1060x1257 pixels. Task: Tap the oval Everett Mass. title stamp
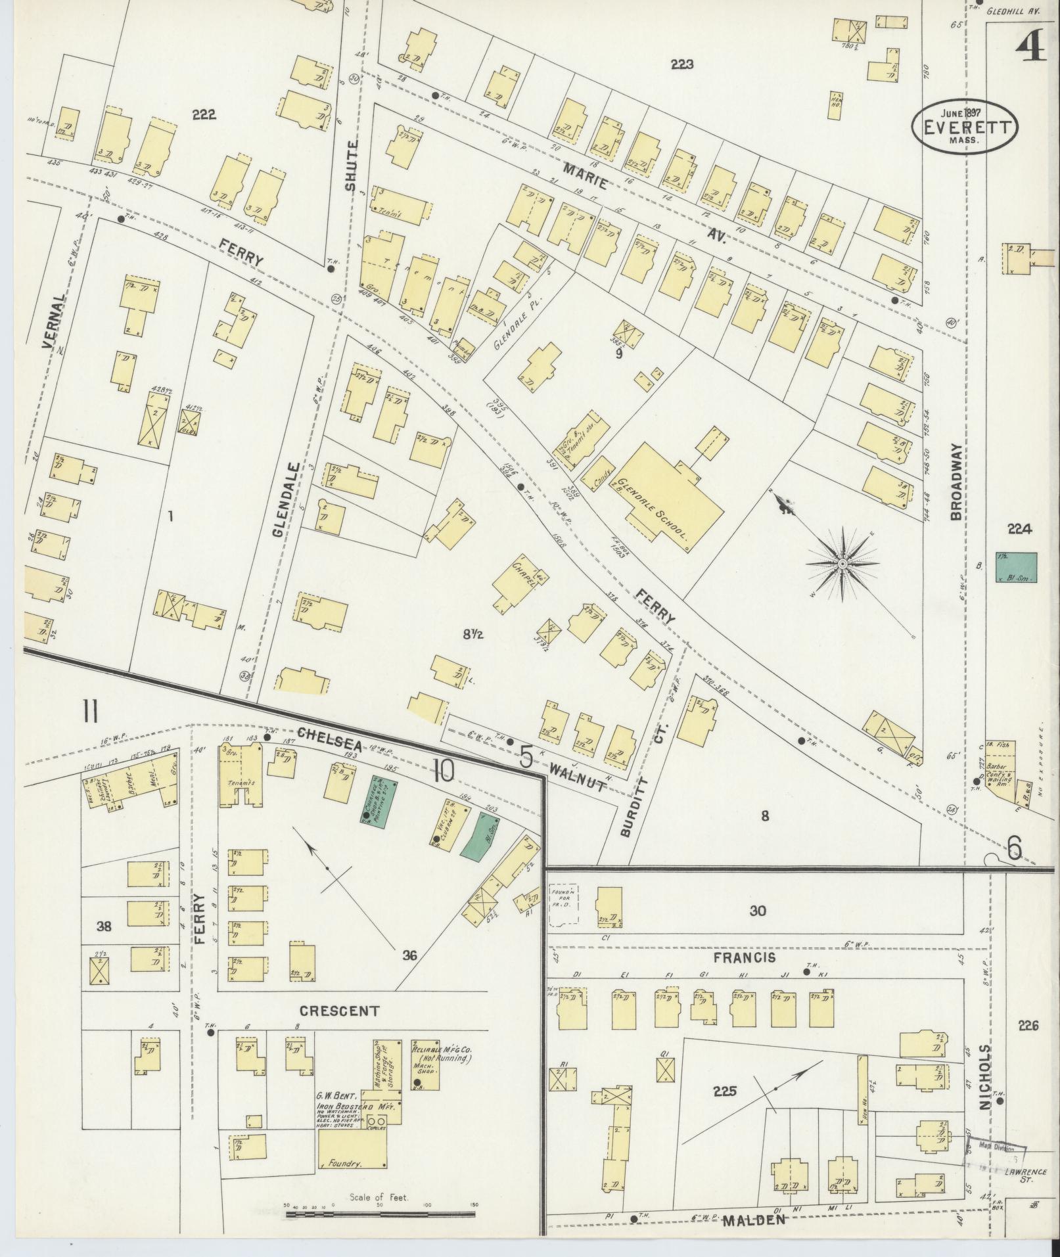click(x=963, y=127)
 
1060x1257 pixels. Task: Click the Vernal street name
click(x=55, y=321)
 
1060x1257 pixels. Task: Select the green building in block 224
click(x=1016, y=567)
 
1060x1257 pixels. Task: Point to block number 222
click(x=204, y=114)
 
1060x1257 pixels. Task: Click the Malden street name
click(x=754, y=1220)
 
